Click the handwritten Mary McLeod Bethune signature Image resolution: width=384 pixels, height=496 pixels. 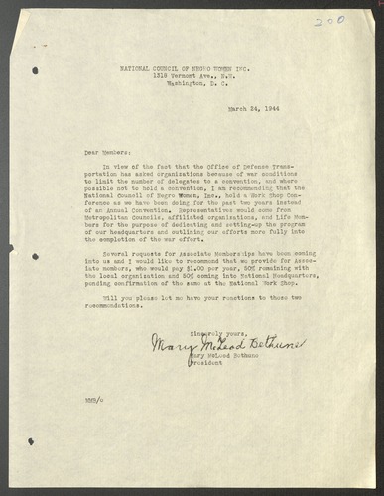[225, 342]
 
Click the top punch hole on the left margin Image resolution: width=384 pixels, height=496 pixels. [36, 70]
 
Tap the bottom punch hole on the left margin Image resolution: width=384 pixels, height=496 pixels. [32, 440]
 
